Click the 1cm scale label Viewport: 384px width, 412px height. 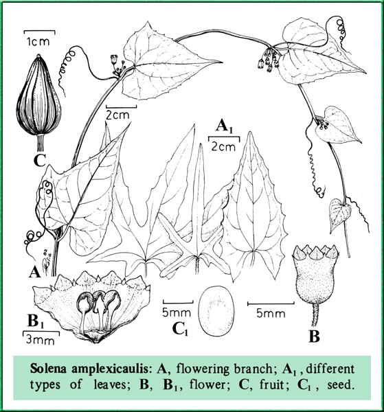point(38,41)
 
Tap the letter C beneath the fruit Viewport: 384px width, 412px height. point(40,160)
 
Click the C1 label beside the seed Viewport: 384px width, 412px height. point(180,329)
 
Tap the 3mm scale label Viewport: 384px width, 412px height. point(41,340)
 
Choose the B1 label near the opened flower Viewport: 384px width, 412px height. point(36,321)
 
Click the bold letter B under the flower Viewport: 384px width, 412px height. point(314,336)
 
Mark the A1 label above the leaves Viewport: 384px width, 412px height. point(224,126)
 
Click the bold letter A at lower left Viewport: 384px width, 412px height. point(34,271)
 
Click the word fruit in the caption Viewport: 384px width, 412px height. point(272,385)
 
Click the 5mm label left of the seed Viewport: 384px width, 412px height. point(177,312)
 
